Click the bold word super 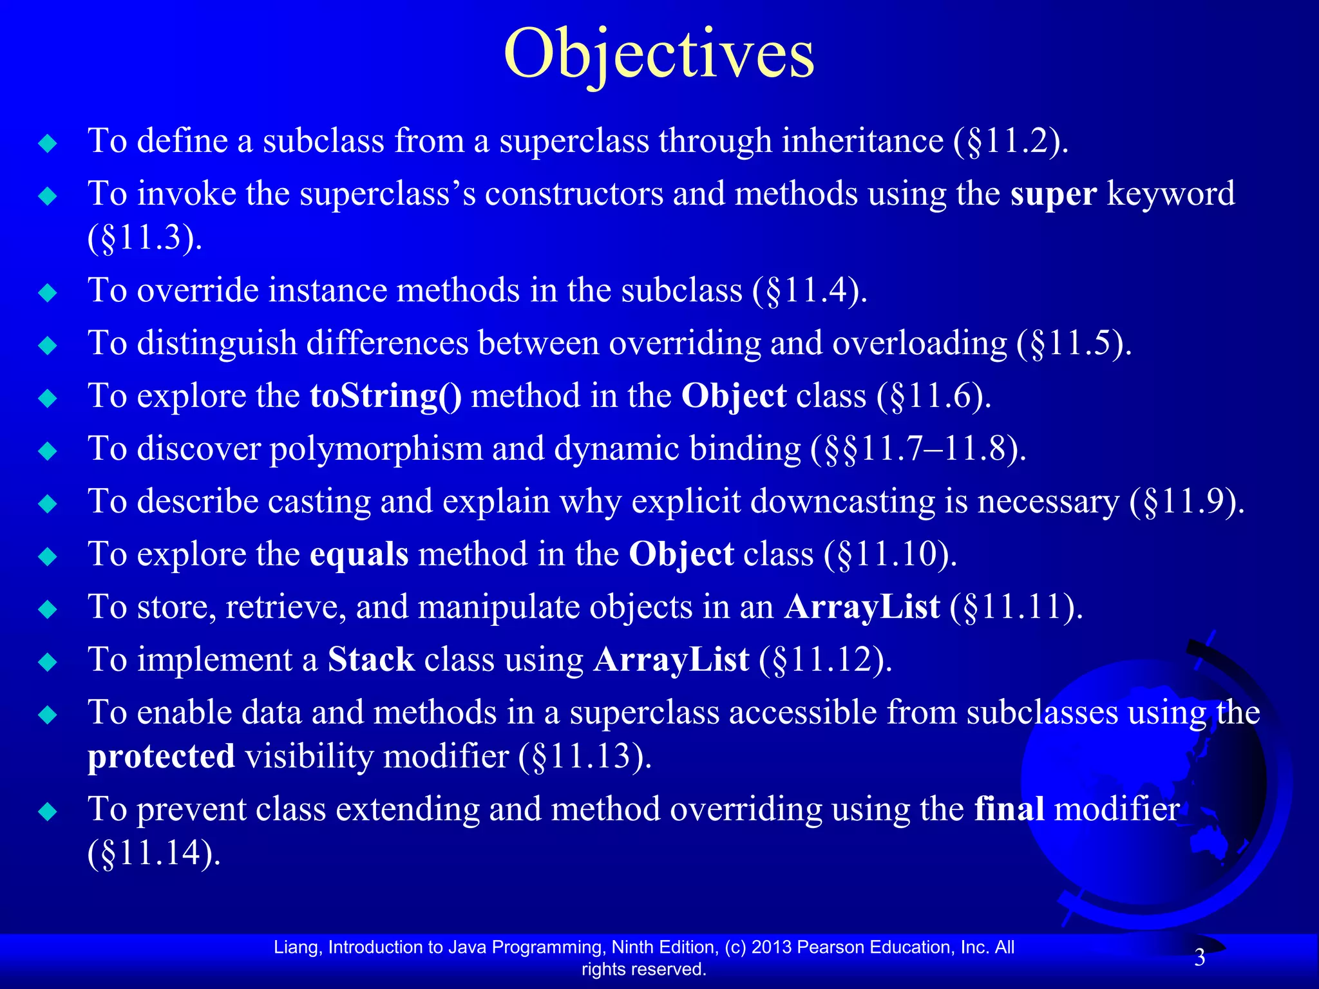pyautogui.click(x=1053, y=194)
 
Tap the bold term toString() pyautogui.click(x=385, y=396)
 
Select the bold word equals pyautogui.click(x=359, y=554)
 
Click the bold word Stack pyautogui.click(x=371, y=660)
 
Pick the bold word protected pyautogui.click(x=161, y=757)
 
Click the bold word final pyautogui.click(x=1009, y=809)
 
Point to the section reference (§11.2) pyautogui.click(x=1011, y=141)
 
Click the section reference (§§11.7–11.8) pyautogui.click(x=918, y=449)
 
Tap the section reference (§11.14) pyautogui.click(x=154, y=853)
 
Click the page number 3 pyautogui.click(x=1199, y=958)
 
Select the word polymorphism pyautogui.click(x=375, y=449)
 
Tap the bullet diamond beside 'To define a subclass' pyautogui.click(x=48, y=143)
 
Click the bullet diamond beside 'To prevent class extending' pyautogui.click(x=48, y=811)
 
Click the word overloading pyautogui.click(x=919, y=343)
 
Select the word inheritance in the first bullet pyautogui.click(x=862, y=141)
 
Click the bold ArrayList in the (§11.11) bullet pyautogui.click(x=861, y=607)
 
